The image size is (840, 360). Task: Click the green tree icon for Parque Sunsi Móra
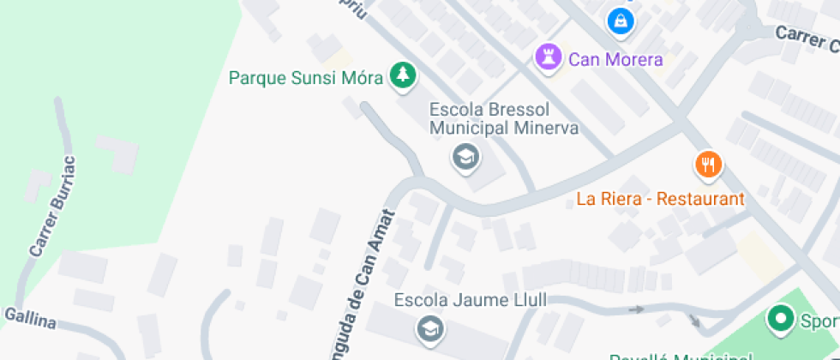[401, 75]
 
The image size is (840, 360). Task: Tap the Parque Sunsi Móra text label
[305, 77]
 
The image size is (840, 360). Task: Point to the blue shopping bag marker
[619, 19]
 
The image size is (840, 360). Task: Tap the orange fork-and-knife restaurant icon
[707, 164]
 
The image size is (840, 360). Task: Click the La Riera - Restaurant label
[660, 199]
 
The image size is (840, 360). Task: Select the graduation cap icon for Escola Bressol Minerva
[465, 157]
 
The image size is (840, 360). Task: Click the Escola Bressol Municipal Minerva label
[503, 119]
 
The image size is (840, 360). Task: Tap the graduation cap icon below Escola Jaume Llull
[429, 327]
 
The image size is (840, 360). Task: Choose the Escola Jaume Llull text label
[470, 301]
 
